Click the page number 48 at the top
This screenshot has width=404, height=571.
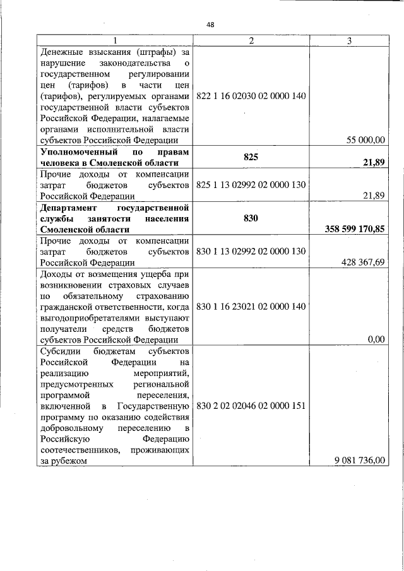pos(211,25)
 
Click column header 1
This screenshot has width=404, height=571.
pos(114,41)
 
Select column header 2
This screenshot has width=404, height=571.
pos(251,41)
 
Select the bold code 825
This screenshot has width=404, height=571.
pos(251,157)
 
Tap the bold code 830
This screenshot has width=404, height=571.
pos(251,217)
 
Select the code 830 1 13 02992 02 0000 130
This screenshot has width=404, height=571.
pos(251,251)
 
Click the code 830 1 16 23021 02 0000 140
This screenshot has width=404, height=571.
pos(251,306)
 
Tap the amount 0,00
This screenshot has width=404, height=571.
pos(376,339)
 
